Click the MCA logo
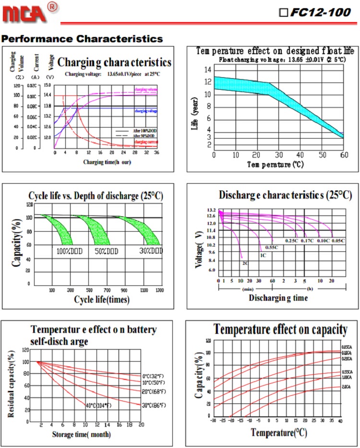[25, 12]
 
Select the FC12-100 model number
[320, 13]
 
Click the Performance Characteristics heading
[82, 38]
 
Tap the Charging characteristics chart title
[114, 62]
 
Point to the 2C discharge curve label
[245, 263]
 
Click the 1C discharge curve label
[263, 255]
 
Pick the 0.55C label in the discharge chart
[272, 247]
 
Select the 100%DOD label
[68, 251]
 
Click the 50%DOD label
[107, 251]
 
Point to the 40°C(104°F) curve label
[98, 406]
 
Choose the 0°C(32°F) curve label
[154, 376]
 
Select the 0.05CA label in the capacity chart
[347, 347]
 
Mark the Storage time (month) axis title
[81, 435]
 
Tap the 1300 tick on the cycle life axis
[160, 290]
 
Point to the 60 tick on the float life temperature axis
[344, 154]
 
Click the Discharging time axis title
[278, 298]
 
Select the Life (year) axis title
[195, 118]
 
